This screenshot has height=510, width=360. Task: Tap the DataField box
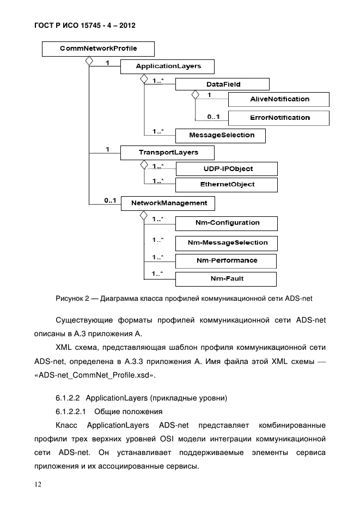223,84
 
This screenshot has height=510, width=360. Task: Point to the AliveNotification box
279,99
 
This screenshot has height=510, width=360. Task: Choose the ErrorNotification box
279,118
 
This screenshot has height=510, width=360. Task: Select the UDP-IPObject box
226,169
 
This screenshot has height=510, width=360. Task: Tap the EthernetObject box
226,185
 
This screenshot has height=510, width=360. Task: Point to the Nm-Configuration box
226,223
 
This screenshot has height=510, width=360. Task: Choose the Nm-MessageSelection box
226,242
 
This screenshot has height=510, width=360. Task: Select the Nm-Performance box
226,261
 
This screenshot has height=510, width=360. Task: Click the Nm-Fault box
226,279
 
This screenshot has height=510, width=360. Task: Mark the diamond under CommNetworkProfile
88,61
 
